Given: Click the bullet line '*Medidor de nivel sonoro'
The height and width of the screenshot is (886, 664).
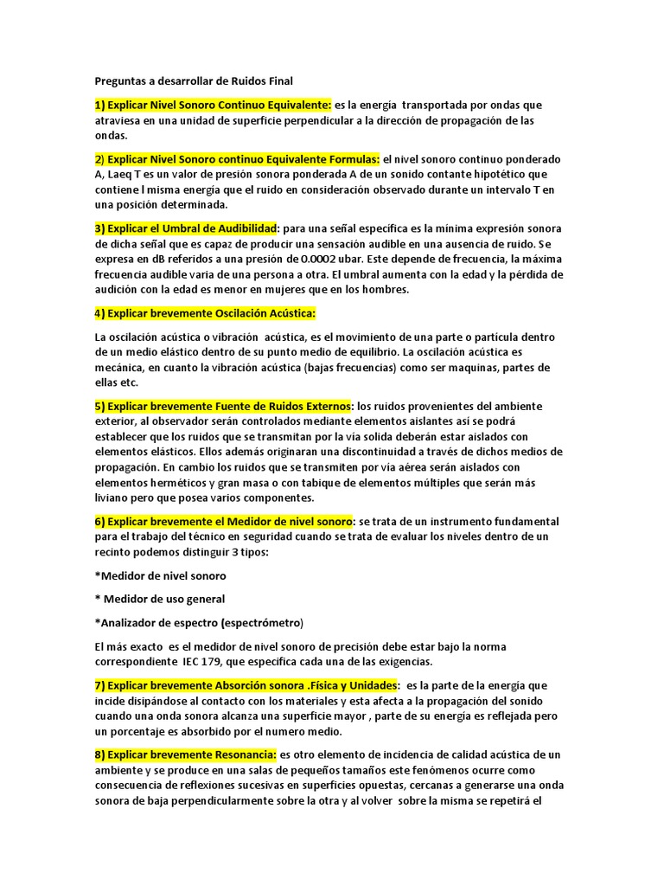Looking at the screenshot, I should coord(160,575).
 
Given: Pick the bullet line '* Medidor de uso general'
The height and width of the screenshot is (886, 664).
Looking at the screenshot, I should coord(159,599).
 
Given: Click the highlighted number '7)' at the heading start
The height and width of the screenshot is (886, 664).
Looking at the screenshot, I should coord(99,685).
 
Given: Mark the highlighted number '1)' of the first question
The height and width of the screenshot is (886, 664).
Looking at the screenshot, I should coord(99,105).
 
